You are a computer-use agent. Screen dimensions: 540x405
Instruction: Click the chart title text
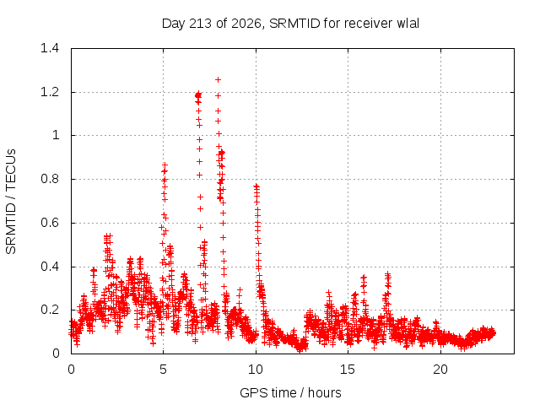pos(290,24)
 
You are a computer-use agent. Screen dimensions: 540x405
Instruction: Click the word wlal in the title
pos(408,24)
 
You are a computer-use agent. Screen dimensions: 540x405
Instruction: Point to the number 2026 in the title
pos(246,24)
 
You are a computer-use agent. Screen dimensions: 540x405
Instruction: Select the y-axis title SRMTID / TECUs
pos(11,202)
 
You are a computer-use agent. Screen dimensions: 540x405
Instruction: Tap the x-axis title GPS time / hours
pos(290,392)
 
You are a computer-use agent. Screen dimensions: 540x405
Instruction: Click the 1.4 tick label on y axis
pos(50,48)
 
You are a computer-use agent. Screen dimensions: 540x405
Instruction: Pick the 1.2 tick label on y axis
pos(50,92)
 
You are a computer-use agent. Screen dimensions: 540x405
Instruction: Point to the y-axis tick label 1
pos(56,135)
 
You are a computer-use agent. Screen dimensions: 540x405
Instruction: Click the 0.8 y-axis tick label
pos(50,179)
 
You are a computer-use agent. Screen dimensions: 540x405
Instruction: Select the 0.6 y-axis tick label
pos(50,223)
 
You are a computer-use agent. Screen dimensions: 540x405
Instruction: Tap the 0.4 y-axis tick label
pos(50,267)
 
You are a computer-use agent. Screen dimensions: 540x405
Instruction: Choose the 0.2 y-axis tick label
pos(50,310)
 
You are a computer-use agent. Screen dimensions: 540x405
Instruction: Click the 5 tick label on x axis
pos(163,370)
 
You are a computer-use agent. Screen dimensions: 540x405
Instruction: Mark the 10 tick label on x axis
pos(256,370)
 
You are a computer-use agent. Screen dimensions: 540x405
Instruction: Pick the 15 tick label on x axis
pos(348,370)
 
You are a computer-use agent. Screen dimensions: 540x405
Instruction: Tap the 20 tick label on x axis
pos(440,370)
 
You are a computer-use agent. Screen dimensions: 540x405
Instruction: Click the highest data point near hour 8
pos(218,80)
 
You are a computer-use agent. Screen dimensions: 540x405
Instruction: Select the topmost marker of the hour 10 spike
pos(256,186)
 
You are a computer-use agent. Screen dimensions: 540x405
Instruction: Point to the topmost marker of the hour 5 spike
pos(165,165)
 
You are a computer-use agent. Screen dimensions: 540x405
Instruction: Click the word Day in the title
pos(174,24)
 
